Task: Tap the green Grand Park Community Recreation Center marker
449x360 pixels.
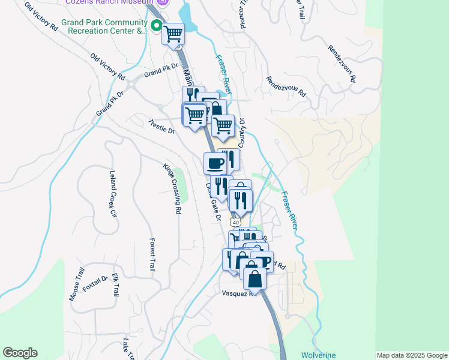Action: point(157,26)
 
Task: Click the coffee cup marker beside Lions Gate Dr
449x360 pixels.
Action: point(215,163)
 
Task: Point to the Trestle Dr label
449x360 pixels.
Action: point(161,126)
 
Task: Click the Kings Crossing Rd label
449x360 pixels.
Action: point(172,188)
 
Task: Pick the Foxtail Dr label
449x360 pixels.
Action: point(95,283)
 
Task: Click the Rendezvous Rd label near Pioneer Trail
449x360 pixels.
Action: point(286,86)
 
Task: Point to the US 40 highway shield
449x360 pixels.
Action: point(239,222)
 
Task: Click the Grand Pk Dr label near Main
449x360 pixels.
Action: point(161,71)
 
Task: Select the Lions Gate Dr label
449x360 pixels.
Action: point(214,201)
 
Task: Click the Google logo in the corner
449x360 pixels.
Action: point(20,353)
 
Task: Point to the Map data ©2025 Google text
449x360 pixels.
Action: point(412,355)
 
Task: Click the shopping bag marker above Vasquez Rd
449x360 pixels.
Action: point(255,278)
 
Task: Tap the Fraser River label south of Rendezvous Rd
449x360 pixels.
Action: point(290,211)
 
